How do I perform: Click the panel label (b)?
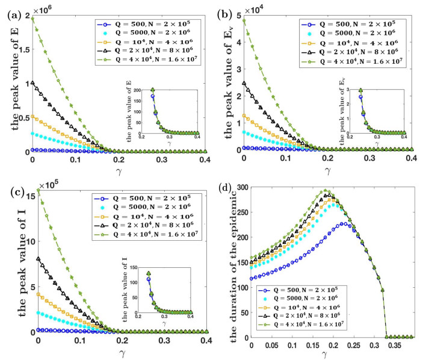click(227, 8)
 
